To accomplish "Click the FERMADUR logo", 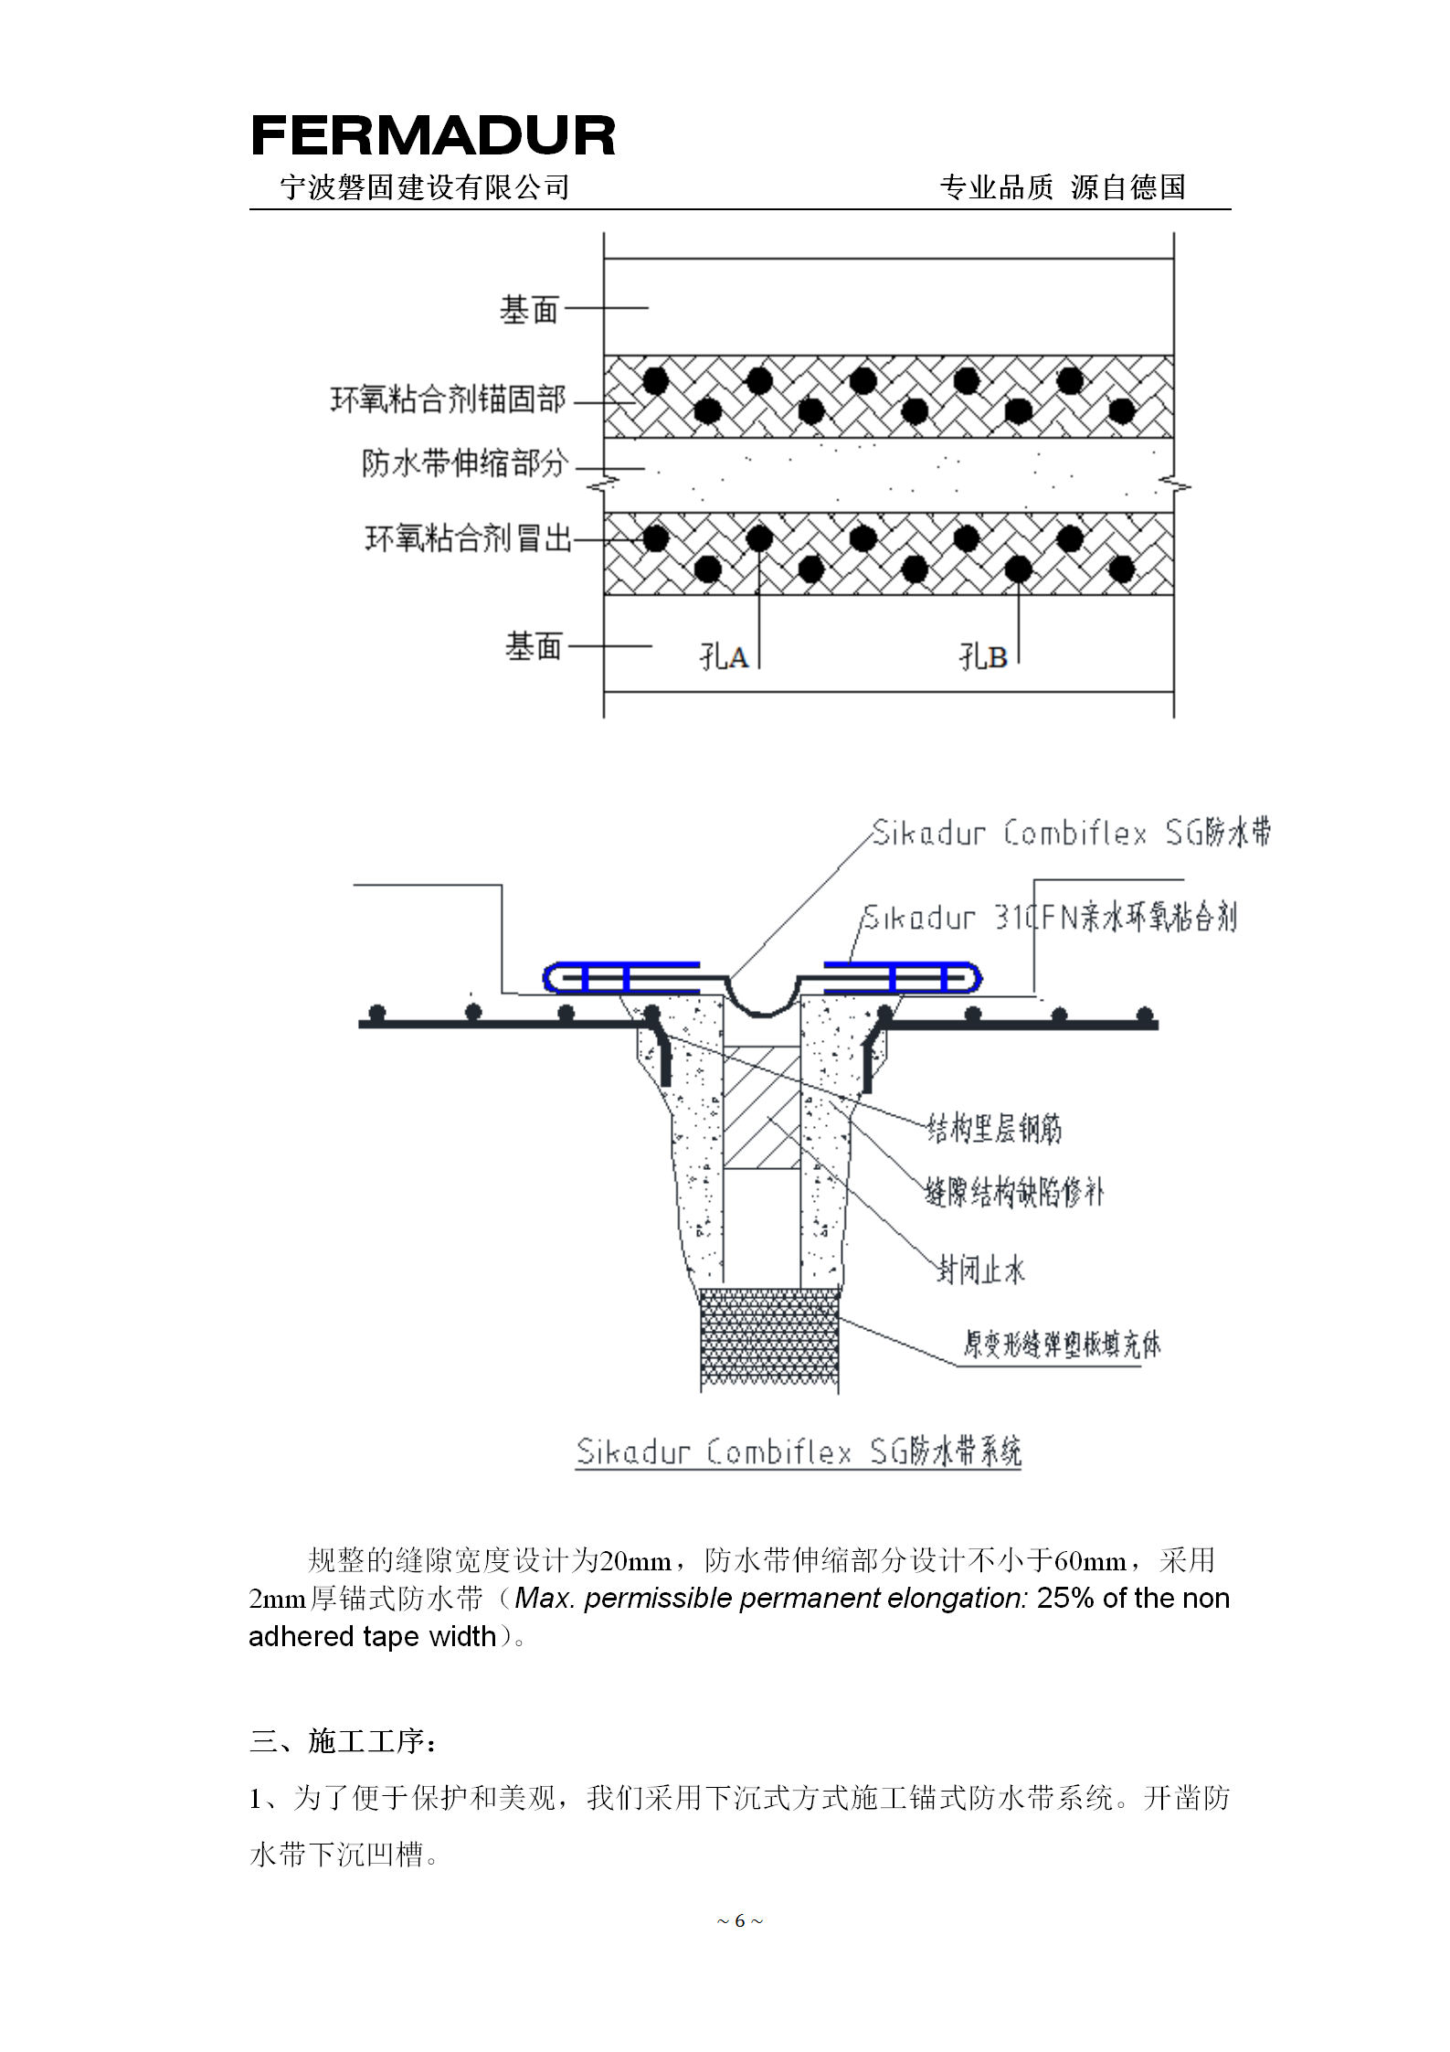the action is [x=433, y=136].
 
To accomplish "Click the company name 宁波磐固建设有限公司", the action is [x=425, y=187].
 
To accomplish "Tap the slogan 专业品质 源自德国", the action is [x=1063, y=187].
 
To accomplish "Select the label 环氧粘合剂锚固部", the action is [x=448, y=399].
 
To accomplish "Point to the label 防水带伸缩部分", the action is [x=465, y=463].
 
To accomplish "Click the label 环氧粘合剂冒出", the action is [x=468, y=538].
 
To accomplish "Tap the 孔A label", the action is [x=724, y=655].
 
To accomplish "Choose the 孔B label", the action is [x=983, y=655].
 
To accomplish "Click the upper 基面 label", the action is [x=529, y=310].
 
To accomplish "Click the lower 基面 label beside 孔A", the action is [x=534, y=646].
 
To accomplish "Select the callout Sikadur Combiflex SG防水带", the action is [x=1071, y=833].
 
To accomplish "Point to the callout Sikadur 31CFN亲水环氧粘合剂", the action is [x=1050, y=917].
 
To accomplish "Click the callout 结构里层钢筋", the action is [x=995, y=1130].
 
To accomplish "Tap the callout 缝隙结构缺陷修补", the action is [x=1014, y=1192].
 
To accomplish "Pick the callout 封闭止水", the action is [x=980, y=1270].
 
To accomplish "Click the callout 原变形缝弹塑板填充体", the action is [x=1062, y=1344].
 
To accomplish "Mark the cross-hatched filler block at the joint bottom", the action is [x=769, y=1340].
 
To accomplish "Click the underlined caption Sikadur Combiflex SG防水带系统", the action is [x=799, y=1451].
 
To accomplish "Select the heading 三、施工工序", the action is [x=344, y=1740].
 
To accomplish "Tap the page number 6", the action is [x=740, y=1920].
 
